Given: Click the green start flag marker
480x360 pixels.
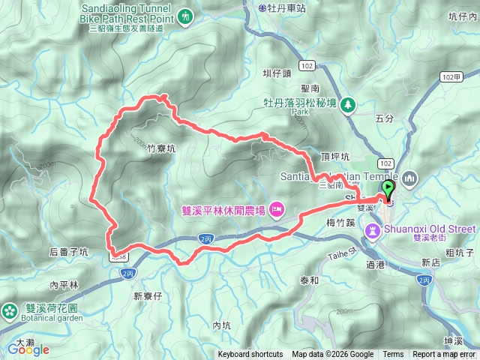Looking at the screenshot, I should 388,187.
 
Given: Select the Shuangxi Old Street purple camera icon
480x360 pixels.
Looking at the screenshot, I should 373,228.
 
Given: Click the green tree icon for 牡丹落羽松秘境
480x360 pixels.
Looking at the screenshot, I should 347,104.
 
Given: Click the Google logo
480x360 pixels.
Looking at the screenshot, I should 28,349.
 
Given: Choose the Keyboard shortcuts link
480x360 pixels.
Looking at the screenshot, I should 251,355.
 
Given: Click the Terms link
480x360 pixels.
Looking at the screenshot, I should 393,355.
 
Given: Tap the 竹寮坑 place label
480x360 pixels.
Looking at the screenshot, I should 161,148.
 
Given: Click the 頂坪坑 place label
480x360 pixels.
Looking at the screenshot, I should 335,157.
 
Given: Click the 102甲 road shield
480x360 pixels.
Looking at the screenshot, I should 451,76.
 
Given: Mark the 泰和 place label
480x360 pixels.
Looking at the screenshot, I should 310,280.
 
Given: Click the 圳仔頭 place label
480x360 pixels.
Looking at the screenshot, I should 276,73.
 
